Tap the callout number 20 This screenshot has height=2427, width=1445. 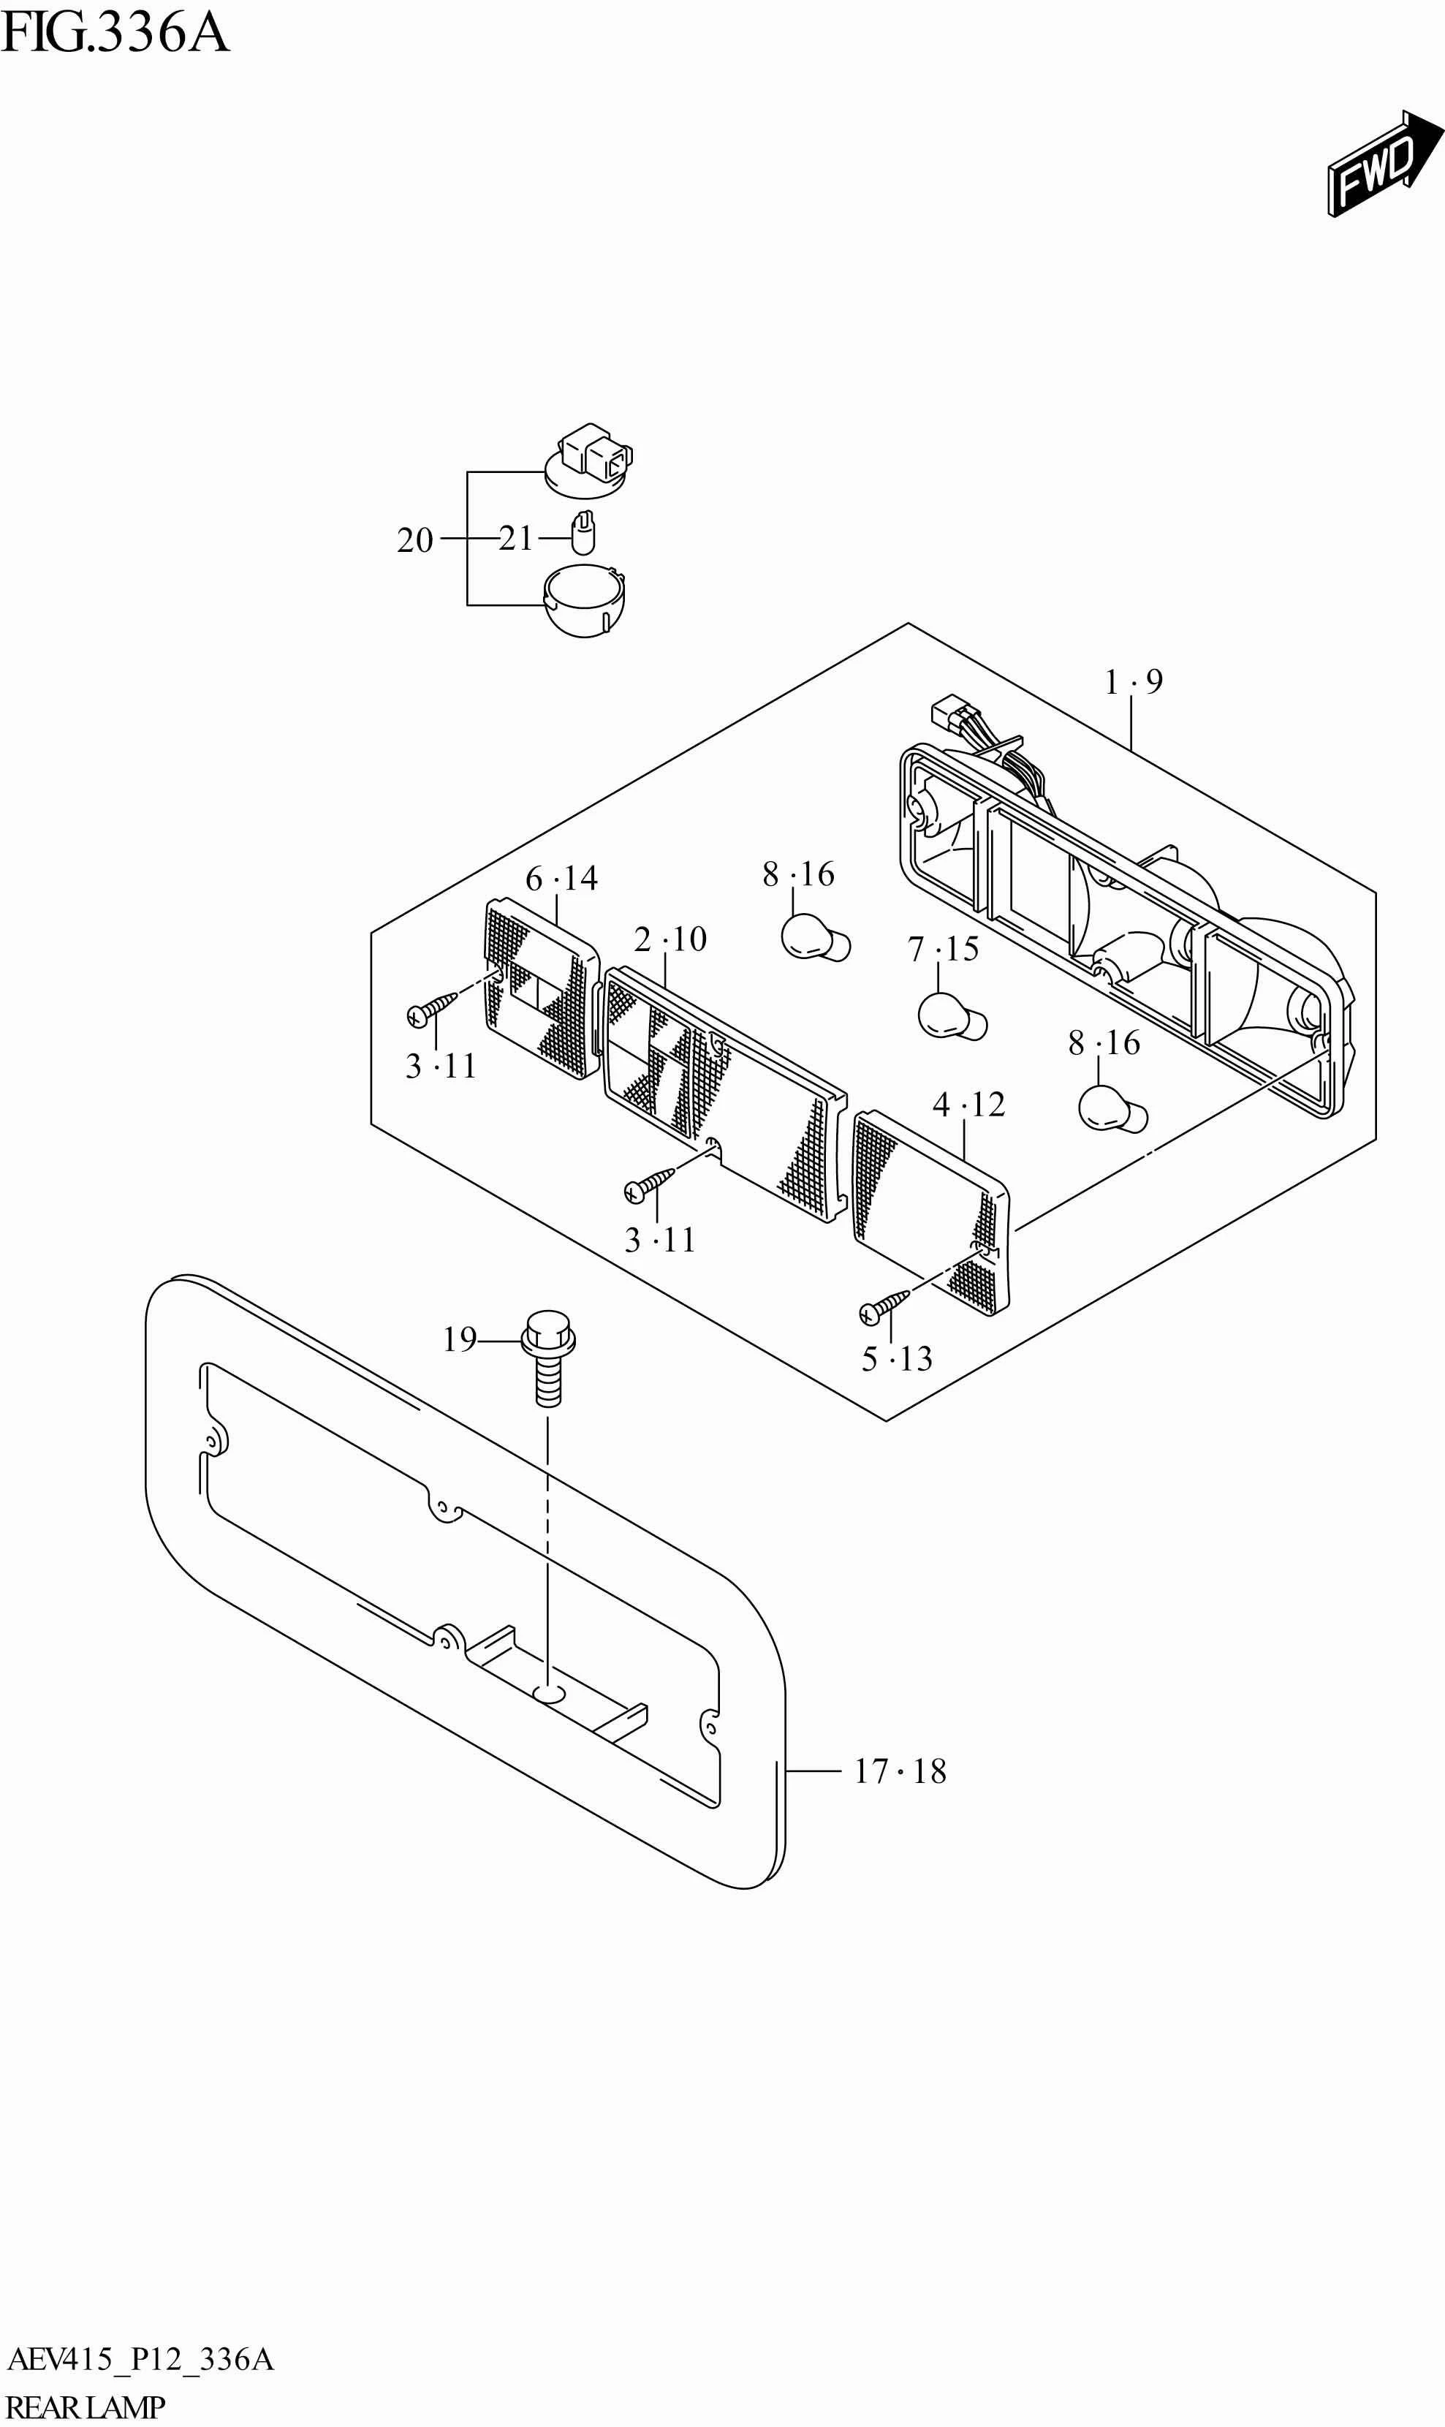415,540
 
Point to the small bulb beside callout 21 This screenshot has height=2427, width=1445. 584,533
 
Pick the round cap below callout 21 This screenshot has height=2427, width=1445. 583,600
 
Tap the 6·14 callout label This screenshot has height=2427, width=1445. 561,879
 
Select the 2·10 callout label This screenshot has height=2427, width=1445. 670,940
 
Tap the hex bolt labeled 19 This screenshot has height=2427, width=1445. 549,1356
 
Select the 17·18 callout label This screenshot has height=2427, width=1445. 900,1771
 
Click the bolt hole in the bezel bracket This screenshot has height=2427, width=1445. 549,1695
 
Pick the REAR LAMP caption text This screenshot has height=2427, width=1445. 86,2407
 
